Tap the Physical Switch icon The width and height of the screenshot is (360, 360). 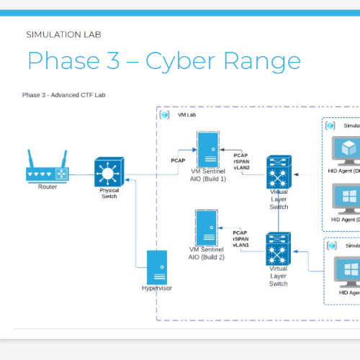tap(109, 173)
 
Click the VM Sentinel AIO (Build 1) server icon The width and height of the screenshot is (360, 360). tap(207, 149)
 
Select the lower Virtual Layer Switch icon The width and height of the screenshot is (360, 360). tap(278, 248)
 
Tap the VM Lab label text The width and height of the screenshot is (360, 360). tap(185, 114)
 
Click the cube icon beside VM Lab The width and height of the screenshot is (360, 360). tap(165, 114)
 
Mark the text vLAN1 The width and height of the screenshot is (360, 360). tap(240, 245)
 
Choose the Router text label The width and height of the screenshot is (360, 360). tap(47, 186)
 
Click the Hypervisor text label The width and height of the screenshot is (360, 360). tap(157, 289)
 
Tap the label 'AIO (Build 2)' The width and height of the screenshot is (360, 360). tap(207, 257)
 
